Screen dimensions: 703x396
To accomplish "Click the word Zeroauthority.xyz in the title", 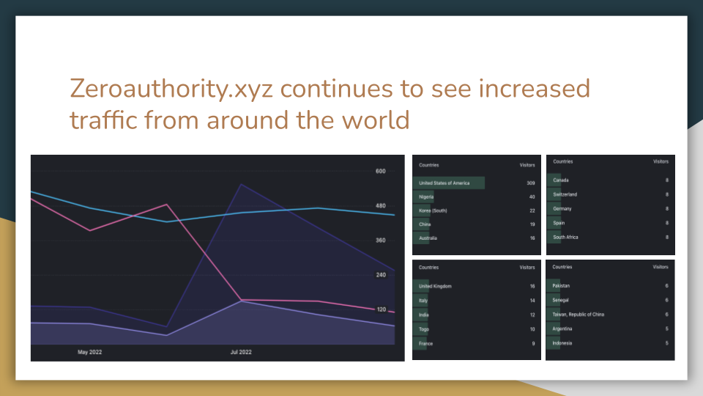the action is (171, 89).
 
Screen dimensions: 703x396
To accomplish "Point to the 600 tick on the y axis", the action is (380, 171).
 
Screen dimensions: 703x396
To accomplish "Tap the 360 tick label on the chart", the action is (380, 241).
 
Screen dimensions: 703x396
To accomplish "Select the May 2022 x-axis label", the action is (89, 352).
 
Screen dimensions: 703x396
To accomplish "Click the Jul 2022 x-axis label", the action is (241, 352).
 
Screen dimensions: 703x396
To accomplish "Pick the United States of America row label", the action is (444, 183).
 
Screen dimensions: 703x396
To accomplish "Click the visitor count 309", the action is (531, 183).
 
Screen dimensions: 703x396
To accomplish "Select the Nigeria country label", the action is (426, 197).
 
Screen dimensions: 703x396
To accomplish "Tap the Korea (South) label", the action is (433, 210).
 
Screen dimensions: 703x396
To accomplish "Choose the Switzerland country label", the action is (565, 194).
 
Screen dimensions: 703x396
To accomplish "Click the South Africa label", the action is (565, 237).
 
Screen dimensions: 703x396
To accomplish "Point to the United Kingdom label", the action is (435, 286).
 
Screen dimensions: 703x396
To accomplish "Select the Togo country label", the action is (424, 329).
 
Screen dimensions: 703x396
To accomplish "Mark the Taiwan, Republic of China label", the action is (578, 315).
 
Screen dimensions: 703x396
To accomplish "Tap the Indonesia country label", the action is (562, 343).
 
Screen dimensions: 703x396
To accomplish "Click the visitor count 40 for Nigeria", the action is (532, 197).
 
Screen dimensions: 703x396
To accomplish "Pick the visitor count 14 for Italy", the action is (532, 301).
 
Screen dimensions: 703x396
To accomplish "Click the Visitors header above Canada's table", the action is (661, 161).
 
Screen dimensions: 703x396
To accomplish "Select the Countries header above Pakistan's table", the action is (562, 267).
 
